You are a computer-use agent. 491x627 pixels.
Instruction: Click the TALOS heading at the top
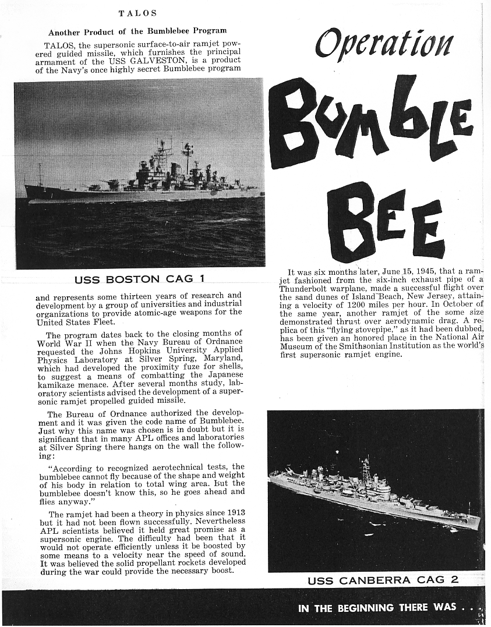[x=137, y=12]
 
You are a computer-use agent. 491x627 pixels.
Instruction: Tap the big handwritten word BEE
[x=384, y=221]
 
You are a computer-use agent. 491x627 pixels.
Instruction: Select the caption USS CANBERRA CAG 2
[x=383, y=580]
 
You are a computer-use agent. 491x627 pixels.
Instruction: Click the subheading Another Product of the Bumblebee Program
[x=137, y=31]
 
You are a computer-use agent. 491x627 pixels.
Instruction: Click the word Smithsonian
[x=373, y=346]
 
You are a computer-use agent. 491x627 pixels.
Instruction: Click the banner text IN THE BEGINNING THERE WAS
[x=377, y=607]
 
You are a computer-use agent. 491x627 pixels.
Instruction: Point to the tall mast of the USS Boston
[x=188, y=153]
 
